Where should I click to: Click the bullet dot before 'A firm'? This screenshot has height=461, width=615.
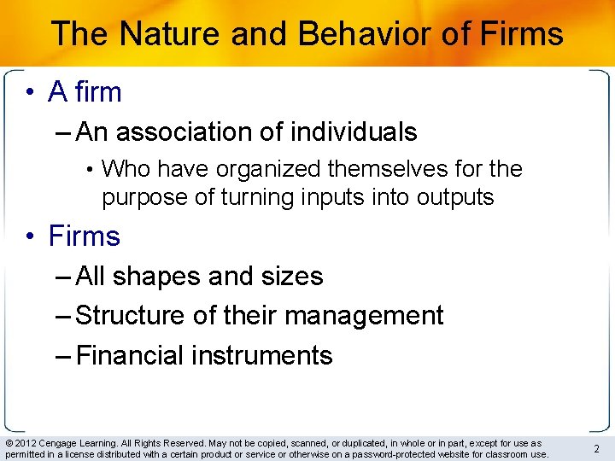(30, 92)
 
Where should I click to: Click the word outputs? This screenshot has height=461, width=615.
(455, 197)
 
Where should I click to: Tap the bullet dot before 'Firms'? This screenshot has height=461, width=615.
(30, 236)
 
